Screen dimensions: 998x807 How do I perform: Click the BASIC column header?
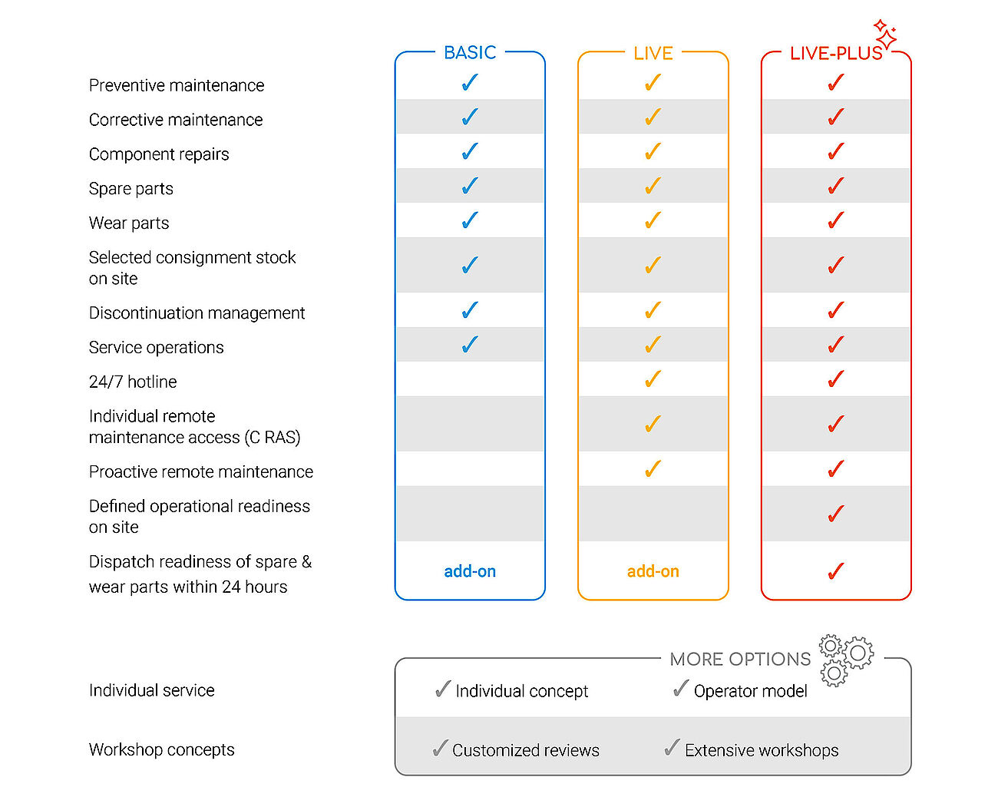[470, 52]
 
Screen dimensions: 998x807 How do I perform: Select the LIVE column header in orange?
[653, 54]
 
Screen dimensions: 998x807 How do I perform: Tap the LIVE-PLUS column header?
[836, 54]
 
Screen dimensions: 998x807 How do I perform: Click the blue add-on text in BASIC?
[470, 571]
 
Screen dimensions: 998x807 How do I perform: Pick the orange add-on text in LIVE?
[653, 571]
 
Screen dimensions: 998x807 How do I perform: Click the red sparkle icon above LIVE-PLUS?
[885, 34]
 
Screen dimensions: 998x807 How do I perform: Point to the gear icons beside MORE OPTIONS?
[846, 660]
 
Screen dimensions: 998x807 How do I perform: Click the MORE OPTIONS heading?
[740, 659]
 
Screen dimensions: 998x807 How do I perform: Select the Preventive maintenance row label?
[177, 85]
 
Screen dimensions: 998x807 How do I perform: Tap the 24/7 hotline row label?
[133, 382]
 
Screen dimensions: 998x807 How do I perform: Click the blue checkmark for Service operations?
[470, 344]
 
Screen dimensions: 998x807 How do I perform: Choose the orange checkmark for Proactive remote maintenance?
[653, 468]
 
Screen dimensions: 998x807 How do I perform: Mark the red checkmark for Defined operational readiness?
[836, 513]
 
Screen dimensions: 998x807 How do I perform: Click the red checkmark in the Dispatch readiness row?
[836, 571]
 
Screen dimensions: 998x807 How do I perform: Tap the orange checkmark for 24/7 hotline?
[653, 379]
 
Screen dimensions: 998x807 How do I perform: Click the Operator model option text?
[750, 691]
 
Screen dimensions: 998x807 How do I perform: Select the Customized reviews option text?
[525, 750]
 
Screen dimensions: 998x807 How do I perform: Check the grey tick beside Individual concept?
[443, 689]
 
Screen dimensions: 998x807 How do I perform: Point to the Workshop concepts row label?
[162, 750]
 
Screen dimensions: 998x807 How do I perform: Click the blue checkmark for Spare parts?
[470, 186]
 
